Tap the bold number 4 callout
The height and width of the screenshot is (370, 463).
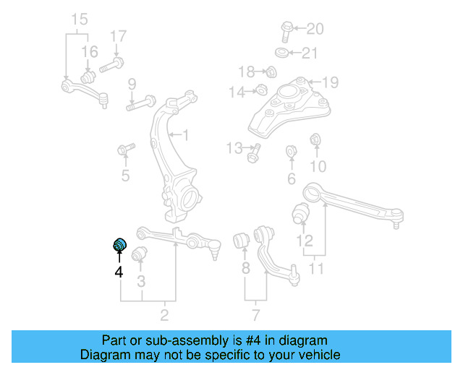[x=118, y=272]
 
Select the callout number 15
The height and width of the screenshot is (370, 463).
[x=79, y=18]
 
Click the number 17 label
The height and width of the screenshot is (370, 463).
[x=118, y=35]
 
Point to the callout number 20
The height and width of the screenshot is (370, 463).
[x=315, y=29]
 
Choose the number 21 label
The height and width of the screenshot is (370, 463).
[x=309, y=53]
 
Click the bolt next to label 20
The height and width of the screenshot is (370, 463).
[x=284, y=30]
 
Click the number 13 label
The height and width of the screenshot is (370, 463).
[x=234, y=148]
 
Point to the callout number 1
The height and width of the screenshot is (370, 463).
[x=185, y=134]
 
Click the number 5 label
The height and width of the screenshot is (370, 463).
[x=125, y=175]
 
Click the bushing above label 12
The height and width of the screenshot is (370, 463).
[x=301, y=214]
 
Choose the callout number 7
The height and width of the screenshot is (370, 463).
[x=255, y=314]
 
